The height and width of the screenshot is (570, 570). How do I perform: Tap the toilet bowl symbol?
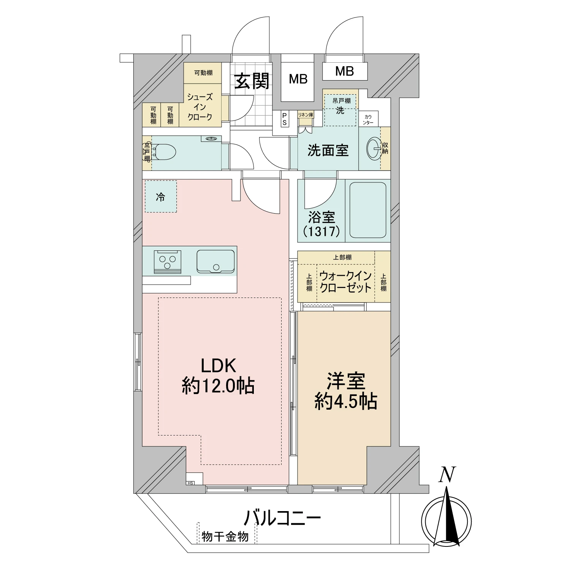coord(164,153)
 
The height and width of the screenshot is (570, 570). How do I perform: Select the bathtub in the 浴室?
coord(368,210)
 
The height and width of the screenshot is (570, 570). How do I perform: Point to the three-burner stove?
coord(168,261)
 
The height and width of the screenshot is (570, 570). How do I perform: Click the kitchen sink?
coord(215,261)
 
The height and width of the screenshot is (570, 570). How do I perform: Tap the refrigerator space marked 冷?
coord(161,196)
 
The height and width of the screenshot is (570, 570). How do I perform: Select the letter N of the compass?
coord(447,475)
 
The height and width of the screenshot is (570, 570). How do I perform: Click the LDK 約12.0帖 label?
coord(218,375)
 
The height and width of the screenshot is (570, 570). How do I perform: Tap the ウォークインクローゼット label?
coord(345,282)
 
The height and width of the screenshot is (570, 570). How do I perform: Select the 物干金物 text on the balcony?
coord(225,537)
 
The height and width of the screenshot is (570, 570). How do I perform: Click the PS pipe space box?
coord(284,119)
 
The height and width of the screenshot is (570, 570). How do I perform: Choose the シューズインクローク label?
coord(200,107)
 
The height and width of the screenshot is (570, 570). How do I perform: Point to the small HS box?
coord(190,483)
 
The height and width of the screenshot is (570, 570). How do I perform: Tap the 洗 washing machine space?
coord(340,110)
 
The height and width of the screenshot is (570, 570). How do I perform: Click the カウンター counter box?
coord(368,119)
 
